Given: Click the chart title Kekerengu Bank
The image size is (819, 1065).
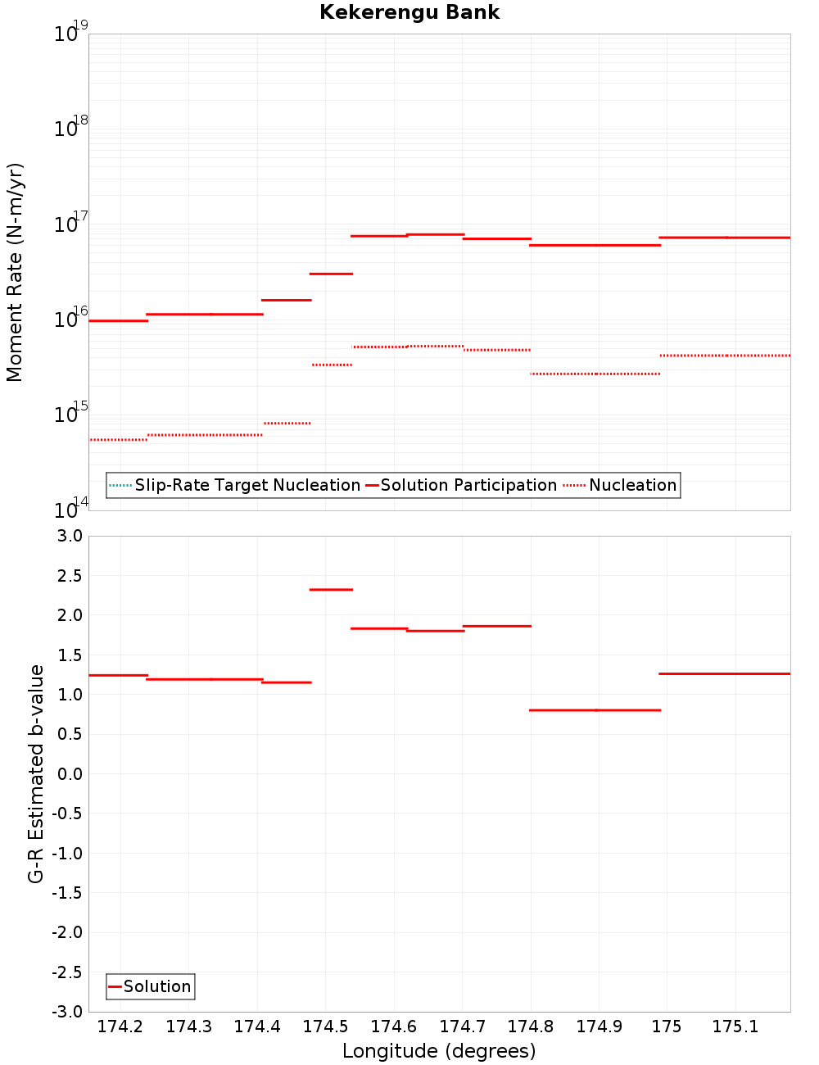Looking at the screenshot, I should [409, 12].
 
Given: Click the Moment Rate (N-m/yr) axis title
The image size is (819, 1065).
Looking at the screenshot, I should [15, 272].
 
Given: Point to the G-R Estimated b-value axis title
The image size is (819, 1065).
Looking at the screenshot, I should [36, 773].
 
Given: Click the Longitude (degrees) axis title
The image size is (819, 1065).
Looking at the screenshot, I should [439, 1051].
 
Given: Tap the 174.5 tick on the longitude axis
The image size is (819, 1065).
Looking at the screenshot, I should [326, 1026].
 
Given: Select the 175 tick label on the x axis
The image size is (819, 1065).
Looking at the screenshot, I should [667, 1026].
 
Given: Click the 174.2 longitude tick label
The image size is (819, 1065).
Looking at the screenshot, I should [120, 1026].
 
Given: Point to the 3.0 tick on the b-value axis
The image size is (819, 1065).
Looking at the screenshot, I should [66, 536].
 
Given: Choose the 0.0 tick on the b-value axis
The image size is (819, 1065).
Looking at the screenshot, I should [66, 774].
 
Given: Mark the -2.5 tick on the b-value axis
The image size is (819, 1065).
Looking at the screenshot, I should [66, 972].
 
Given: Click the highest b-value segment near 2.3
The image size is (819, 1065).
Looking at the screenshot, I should [331, 589].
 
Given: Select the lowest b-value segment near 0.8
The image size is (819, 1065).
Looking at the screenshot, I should [595, 710].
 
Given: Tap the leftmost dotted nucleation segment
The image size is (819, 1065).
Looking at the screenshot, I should [118, 440].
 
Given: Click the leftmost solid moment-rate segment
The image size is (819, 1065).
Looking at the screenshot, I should [118, 320].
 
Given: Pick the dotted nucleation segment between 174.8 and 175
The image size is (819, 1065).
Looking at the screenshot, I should [595, 374].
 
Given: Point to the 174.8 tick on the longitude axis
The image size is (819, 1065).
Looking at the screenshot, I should [531, 1026].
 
